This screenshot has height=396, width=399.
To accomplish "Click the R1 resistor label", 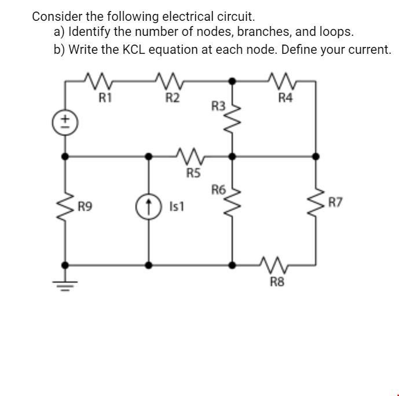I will (105, 97).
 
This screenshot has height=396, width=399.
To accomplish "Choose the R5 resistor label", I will (193, 171).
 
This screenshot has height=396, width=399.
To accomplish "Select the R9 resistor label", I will (86, 204).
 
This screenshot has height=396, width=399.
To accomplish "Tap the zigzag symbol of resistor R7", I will (316, 203).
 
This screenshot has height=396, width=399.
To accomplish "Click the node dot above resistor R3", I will (233, 82).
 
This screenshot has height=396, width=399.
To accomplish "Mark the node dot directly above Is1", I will (149, 156).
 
